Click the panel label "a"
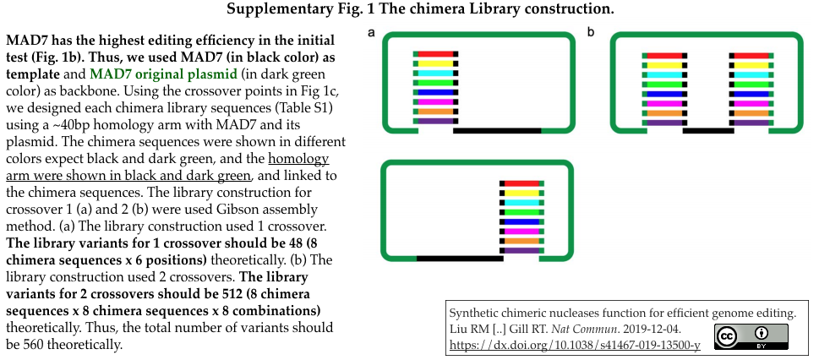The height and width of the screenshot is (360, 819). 372,32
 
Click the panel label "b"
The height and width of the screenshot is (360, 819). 591,32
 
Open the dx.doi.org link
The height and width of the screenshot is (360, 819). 575,345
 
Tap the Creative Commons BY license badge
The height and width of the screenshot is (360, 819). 751,336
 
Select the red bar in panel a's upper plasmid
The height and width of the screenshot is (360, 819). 435,54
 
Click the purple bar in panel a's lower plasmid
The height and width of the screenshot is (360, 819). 521,251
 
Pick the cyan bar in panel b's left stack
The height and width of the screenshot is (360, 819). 664,74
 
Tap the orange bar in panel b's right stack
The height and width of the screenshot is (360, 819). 751,113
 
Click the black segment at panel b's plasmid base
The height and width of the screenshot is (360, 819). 708,131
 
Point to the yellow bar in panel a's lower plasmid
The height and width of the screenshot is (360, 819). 521,194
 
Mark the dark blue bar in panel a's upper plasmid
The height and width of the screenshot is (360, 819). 435,92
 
